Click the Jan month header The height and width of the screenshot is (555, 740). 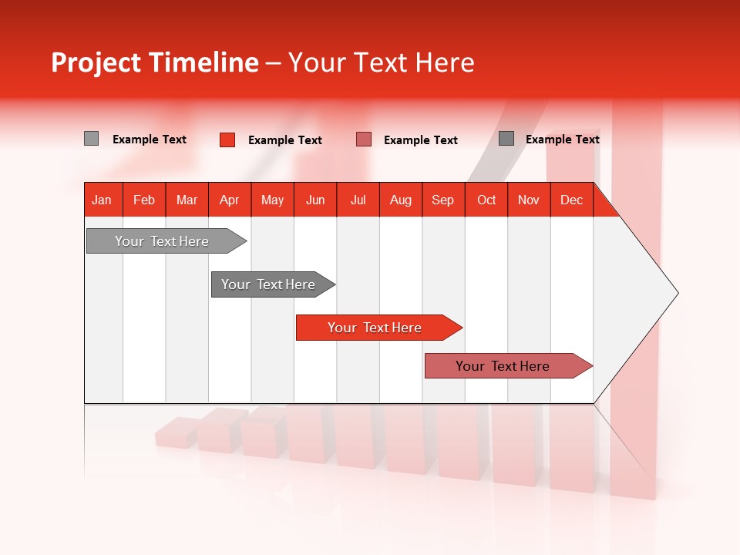(103, 200)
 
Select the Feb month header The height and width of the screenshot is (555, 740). (144, 200)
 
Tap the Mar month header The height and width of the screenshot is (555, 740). (187, 200)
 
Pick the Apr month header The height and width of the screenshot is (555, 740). (230, 200)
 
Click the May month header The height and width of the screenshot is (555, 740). (272, 200)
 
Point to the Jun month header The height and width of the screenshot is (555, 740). (315, 200)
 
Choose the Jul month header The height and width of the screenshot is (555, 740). (358, 200)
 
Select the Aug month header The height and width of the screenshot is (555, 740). (401, 200)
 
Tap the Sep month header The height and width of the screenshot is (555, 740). (443, 200)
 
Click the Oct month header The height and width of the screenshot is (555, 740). (486, 200)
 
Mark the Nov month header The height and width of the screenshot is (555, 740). (529, 200)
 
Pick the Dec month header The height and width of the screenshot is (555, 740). (572, 200)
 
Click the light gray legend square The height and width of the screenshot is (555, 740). (91, 139)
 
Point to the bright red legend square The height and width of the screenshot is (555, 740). (227, 140)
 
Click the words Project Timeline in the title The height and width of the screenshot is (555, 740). (154, 62)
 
